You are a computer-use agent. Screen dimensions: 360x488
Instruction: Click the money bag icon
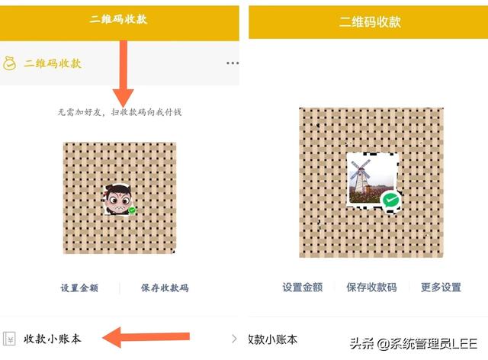tap(10, 63)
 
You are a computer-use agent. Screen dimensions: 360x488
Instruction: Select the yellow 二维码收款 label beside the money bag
tap(53, 63)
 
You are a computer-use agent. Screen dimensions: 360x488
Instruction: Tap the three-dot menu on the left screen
tap(233, 63)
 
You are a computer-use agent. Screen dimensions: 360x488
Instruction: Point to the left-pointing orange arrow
tap(145, 336)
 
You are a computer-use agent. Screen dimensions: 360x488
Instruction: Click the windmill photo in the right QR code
tap(369, 179)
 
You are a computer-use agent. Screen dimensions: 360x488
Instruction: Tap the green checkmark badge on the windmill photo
tap(391, 201)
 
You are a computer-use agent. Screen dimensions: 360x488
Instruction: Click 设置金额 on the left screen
tap(79, 288)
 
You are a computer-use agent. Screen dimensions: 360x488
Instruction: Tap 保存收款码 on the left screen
tap(165, 288)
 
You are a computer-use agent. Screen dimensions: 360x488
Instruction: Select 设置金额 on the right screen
tap(302, 288)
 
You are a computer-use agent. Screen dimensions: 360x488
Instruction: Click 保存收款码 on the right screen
tap(371, 288)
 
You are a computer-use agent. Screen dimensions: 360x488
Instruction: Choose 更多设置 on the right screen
tap(441, 288)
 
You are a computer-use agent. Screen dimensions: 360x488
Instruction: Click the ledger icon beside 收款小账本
tap(10, 339)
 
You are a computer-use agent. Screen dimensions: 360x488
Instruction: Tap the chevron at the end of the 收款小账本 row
tap(233, 339)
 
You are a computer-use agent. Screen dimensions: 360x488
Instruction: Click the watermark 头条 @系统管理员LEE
tap(413, 343)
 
